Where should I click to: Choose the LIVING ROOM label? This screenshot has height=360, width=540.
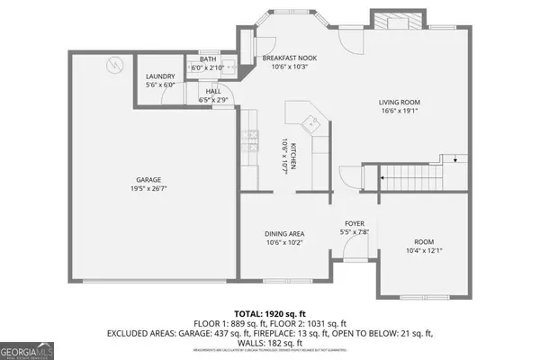(399, 102)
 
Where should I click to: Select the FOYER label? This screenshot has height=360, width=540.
(355, 223)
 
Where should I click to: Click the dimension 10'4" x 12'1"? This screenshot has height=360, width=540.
(424, 250)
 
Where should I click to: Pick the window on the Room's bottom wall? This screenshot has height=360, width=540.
(423, 296)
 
